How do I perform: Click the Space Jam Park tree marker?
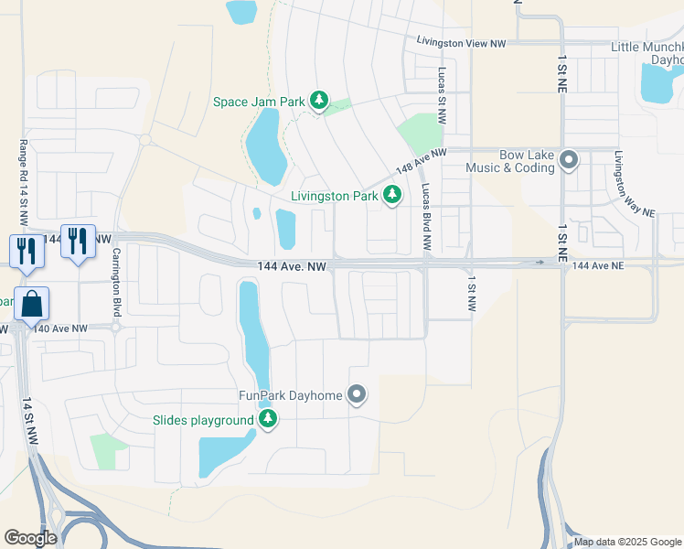(x=318, y=101)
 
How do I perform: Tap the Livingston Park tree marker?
(x=392, y=195)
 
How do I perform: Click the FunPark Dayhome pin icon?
(x=357, y=395)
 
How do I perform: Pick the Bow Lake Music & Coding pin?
(x=569, y=161)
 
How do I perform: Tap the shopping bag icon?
(x=31, y=304)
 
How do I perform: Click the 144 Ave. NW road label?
(x=292, y=265)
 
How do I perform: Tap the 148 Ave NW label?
(x=421, y=162)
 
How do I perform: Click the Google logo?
(x=30, y=538)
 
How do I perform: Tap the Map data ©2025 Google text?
(x=626, y=542)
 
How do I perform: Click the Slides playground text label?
(x=203, y=420)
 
